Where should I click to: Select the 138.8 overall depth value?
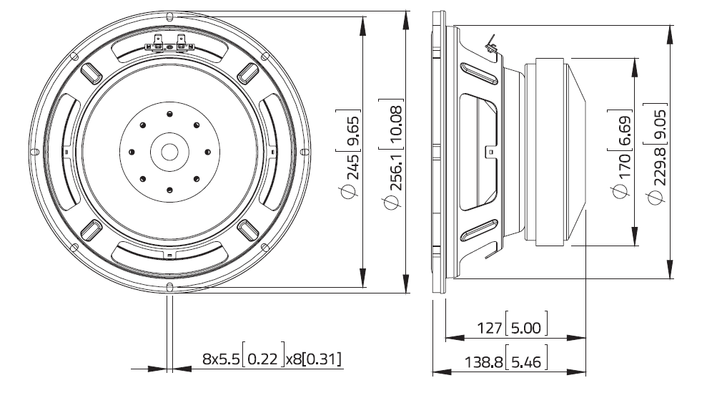(479, 361)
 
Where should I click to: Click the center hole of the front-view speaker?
(169, 152)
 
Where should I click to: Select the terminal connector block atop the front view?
(169, 45)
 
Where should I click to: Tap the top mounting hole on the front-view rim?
(169, 15)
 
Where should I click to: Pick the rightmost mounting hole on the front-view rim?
(306, 152)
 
